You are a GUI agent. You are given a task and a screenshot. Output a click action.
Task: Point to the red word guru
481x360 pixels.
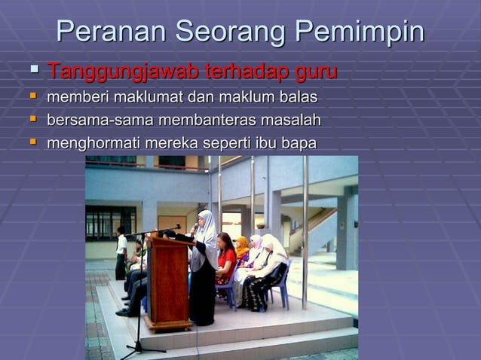click(315, 72)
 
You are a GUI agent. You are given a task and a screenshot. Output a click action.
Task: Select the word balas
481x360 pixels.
click(299, 97)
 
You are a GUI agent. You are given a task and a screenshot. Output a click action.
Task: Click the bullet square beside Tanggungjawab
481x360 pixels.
click(33, 71)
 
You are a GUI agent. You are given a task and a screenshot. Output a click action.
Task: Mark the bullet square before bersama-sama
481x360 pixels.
click(32, 119)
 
